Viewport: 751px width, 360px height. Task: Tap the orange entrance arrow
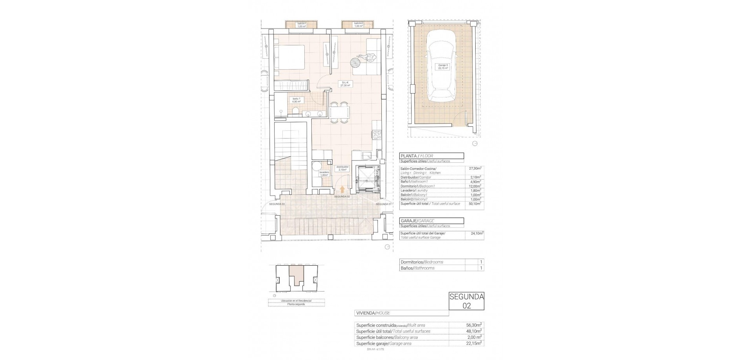(342, 189)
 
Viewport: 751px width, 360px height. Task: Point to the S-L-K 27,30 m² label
(345, 94)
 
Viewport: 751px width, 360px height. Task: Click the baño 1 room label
(296, 100)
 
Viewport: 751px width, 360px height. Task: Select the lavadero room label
(324, 173)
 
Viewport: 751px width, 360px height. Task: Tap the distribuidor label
(342, 168)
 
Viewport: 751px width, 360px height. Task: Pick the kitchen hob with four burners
(377, 135)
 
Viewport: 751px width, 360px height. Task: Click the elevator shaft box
(367, 178)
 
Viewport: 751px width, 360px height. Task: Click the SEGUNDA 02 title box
(466, 301)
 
